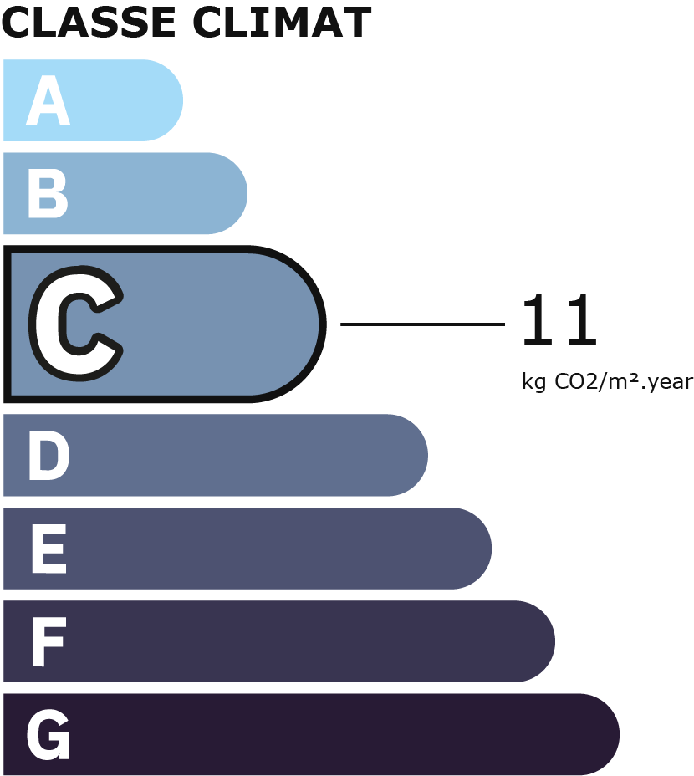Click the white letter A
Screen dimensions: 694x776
[x=47, y=101]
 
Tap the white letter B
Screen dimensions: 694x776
[x=47, y=194]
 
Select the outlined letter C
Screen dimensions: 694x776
[x=76, y=324]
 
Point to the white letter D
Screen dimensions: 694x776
[x=48, y=457]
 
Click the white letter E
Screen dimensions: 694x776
[x=48, y=549]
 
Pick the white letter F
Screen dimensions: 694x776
[x=48, y=642]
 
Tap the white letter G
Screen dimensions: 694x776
[x=48, y=736]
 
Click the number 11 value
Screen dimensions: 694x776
[x=559, y=322]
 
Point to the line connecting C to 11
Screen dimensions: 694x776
[x=422, y=324]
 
